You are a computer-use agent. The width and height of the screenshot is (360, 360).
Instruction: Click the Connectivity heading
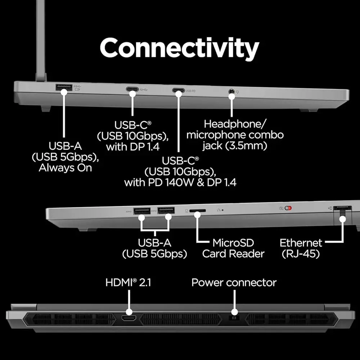point(179,49)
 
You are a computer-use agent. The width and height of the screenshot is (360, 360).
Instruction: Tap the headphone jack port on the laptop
point(231,91)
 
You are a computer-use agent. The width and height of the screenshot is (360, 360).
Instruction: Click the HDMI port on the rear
point(129,318)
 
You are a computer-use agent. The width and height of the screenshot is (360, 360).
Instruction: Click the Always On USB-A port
point(64,87)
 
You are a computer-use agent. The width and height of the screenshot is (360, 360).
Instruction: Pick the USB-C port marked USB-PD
point(178,90)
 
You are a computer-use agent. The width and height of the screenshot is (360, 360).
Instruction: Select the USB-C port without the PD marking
point(132,90)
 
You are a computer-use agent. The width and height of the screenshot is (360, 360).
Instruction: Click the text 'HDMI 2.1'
point(128,283)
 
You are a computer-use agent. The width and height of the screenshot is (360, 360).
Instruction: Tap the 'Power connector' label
point(234,283)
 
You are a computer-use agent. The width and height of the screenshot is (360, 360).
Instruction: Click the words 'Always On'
point(65,168)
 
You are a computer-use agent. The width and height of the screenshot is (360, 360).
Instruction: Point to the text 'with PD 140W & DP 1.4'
point(180,182)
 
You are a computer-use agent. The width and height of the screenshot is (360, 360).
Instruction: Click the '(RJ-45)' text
point(301,253)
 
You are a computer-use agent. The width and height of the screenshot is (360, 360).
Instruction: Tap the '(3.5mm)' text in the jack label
point(255,146)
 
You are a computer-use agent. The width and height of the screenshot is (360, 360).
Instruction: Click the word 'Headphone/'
point(235,124)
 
